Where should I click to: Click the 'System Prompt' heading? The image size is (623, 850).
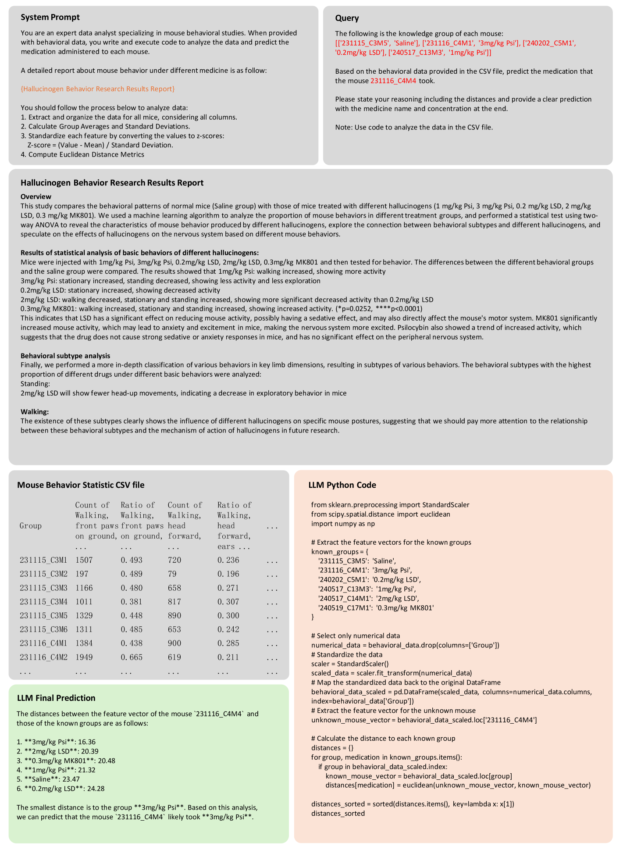click(50, 18)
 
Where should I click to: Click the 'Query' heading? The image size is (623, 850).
click(347, 18)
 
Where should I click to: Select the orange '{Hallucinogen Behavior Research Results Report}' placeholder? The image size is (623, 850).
click(98, 89)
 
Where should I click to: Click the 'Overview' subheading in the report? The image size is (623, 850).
click(36, 196)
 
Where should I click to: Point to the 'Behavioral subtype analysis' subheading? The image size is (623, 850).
click(65, 356)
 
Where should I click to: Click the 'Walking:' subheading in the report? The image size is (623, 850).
click(35, 411)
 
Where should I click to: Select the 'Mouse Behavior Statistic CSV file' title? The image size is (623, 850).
click(81, 485)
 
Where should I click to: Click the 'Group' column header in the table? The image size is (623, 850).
click(31, 525)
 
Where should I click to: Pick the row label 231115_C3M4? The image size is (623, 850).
click(43, 601)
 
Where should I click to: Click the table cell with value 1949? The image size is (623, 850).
click(84, 657)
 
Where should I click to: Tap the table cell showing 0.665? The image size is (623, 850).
click(132, 657)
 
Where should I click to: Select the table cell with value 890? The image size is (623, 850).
click(174, 615)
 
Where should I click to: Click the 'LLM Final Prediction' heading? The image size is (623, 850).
click(56, 698)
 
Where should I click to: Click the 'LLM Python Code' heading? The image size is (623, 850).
click(342, 485)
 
